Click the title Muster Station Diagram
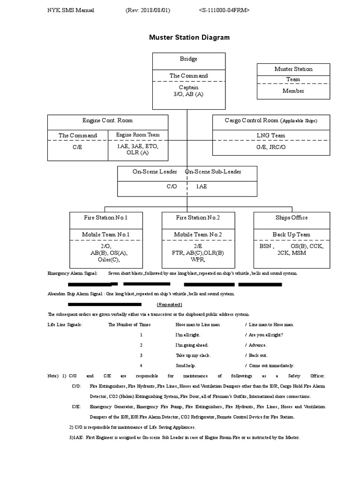pos(189,37)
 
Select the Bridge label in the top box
pos(188,59)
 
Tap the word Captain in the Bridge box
pos(188,87)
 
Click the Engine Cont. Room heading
pos(107,120)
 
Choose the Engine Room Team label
pos(138,135)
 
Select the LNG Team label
pos(271,135)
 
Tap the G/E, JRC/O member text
pos(271,146)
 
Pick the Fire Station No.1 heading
pos(106,217)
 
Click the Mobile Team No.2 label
pos(198,234)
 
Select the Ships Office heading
pos(292,217)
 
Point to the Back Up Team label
pos(291,234)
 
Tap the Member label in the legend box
pos(293,91)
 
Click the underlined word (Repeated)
pos(170,304)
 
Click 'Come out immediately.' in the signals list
pos(271,366)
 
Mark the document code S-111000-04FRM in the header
pos(224,10)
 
